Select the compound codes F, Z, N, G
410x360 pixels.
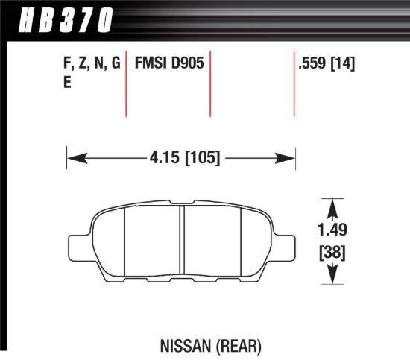coord(86,64)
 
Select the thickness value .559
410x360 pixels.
coord(312,64)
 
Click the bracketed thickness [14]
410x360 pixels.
coord(342,64)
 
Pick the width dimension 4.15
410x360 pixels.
coord(163,157)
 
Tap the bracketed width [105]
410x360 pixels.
coord(200,157)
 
